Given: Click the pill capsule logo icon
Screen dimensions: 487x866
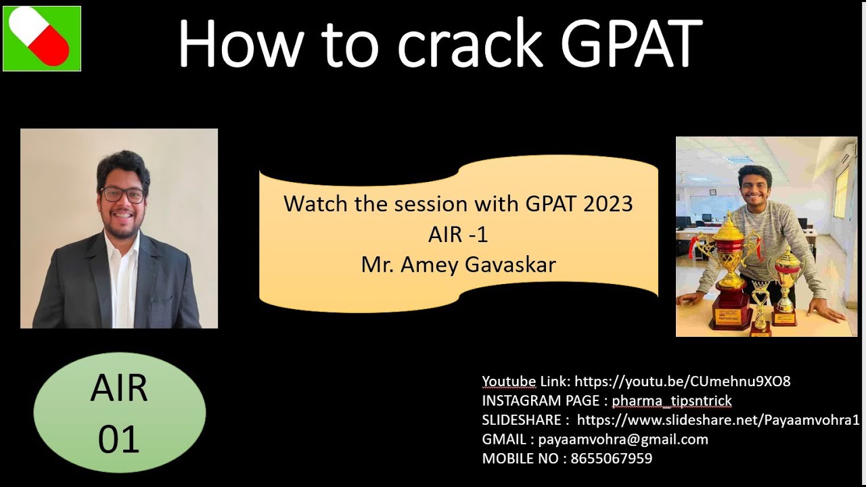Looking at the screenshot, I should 42,39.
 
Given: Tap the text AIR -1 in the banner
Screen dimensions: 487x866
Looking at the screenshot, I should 458,235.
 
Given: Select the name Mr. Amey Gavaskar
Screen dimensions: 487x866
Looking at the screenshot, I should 458,264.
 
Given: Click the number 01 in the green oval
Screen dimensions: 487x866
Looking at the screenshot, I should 119,440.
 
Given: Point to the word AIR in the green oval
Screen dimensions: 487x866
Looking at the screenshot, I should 119,389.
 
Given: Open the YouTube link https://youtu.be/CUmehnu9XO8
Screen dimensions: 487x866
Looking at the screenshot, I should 682,381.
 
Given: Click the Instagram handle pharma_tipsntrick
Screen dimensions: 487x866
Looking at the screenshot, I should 671,401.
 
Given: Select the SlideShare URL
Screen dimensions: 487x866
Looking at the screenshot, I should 717,420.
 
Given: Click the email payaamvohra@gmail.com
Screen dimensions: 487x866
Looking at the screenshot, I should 623,440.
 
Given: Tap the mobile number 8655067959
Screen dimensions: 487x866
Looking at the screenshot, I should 611,459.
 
